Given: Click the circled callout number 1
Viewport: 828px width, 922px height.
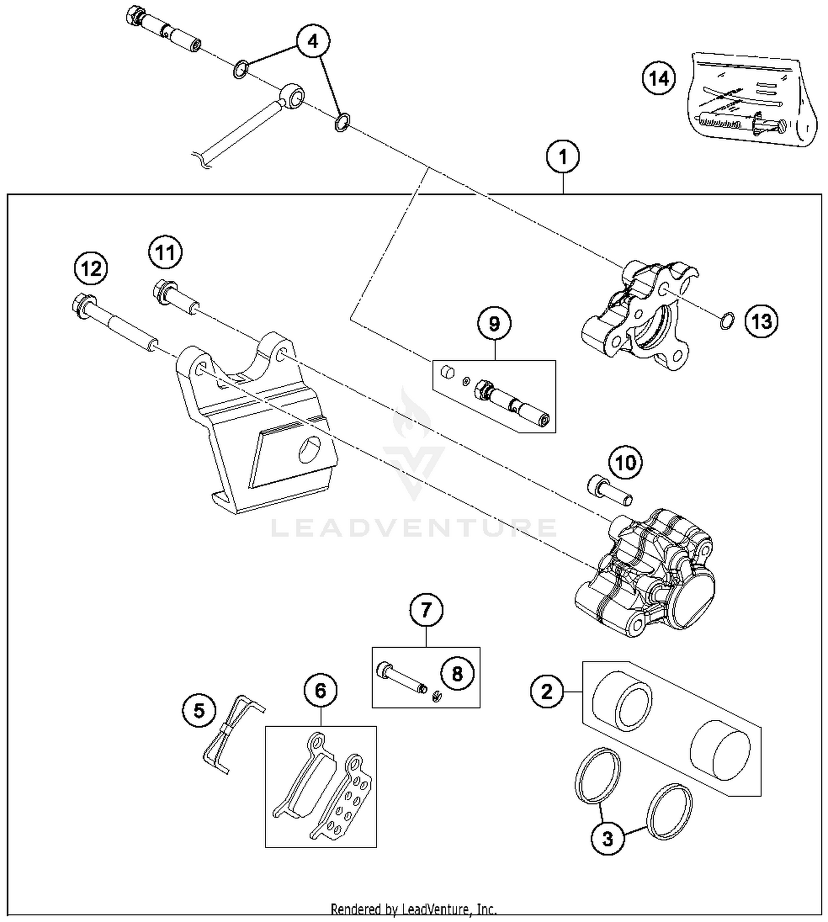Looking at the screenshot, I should tap(562, 157).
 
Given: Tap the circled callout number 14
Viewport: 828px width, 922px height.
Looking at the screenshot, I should tap(659, 78).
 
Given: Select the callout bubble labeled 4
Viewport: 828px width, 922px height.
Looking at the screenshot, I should tap(313, 41).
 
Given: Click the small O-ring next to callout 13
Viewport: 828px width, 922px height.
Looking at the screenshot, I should tap(728, 320).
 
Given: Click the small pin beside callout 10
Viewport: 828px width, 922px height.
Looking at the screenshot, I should tap(609, 490).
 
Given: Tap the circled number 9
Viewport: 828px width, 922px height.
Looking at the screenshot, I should tap(494, 324).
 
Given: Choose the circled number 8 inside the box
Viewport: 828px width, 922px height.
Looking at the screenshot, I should tap(457, 674).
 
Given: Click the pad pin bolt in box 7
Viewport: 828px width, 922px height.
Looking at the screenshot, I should tap(401, 678).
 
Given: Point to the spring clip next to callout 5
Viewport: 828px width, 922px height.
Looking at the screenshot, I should tap(232, 734).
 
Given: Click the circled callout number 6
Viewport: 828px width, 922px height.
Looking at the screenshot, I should tap(321, 690).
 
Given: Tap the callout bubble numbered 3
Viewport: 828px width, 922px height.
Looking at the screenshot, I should tap(608, 839).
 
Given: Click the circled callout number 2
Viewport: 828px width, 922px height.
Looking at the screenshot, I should tap(546, 691).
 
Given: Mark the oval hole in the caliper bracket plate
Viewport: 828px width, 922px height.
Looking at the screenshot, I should tap(310, 449).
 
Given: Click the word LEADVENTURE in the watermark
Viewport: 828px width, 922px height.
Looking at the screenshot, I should tap(414, 528).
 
